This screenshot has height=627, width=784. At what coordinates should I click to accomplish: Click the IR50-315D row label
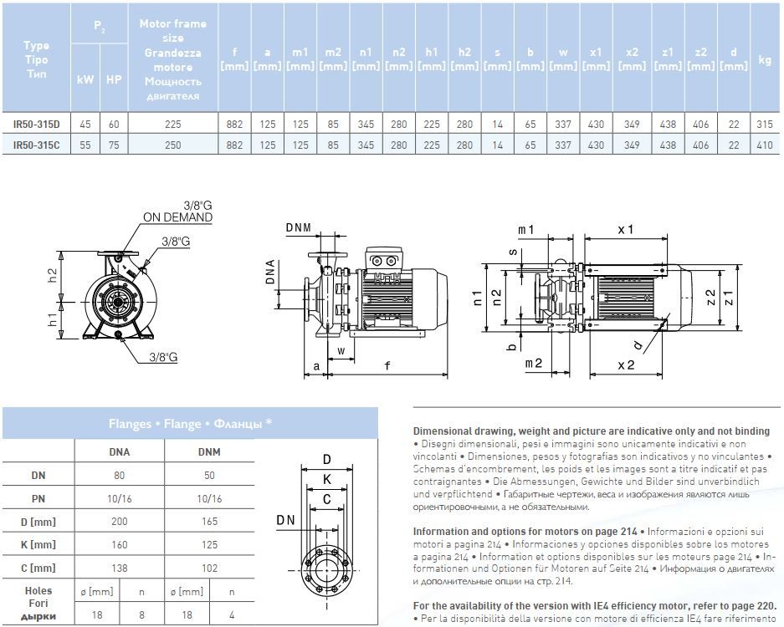(37, 125)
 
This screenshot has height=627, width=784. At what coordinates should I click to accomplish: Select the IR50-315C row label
(37, 145)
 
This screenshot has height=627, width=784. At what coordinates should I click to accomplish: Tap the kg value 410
(765, 145)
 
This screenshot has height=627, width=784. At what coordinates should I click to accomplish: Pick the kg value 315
(765, 125)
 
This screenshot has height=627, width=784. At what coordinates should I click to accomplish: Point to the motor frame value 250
(173, 145)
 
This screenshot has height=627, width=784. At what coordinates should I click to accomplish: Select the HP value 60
(114, 125)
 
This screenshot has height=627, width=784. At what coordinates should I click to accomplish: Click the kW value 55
(85, 145)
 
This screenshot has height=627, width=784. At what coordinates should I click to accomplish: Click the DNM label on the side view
(299, 228)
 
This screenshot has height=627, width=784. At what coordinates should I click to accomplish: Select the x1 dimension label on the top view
(625, 229)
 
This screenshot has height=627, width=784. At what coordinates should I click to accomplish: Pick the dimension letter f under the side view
(387, 365)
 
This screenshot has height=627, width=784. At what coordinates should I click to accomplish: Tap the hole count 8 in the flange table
(141, 614)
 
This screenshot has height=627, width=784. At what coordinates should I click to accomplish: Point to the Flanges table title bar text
(190, 423)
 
